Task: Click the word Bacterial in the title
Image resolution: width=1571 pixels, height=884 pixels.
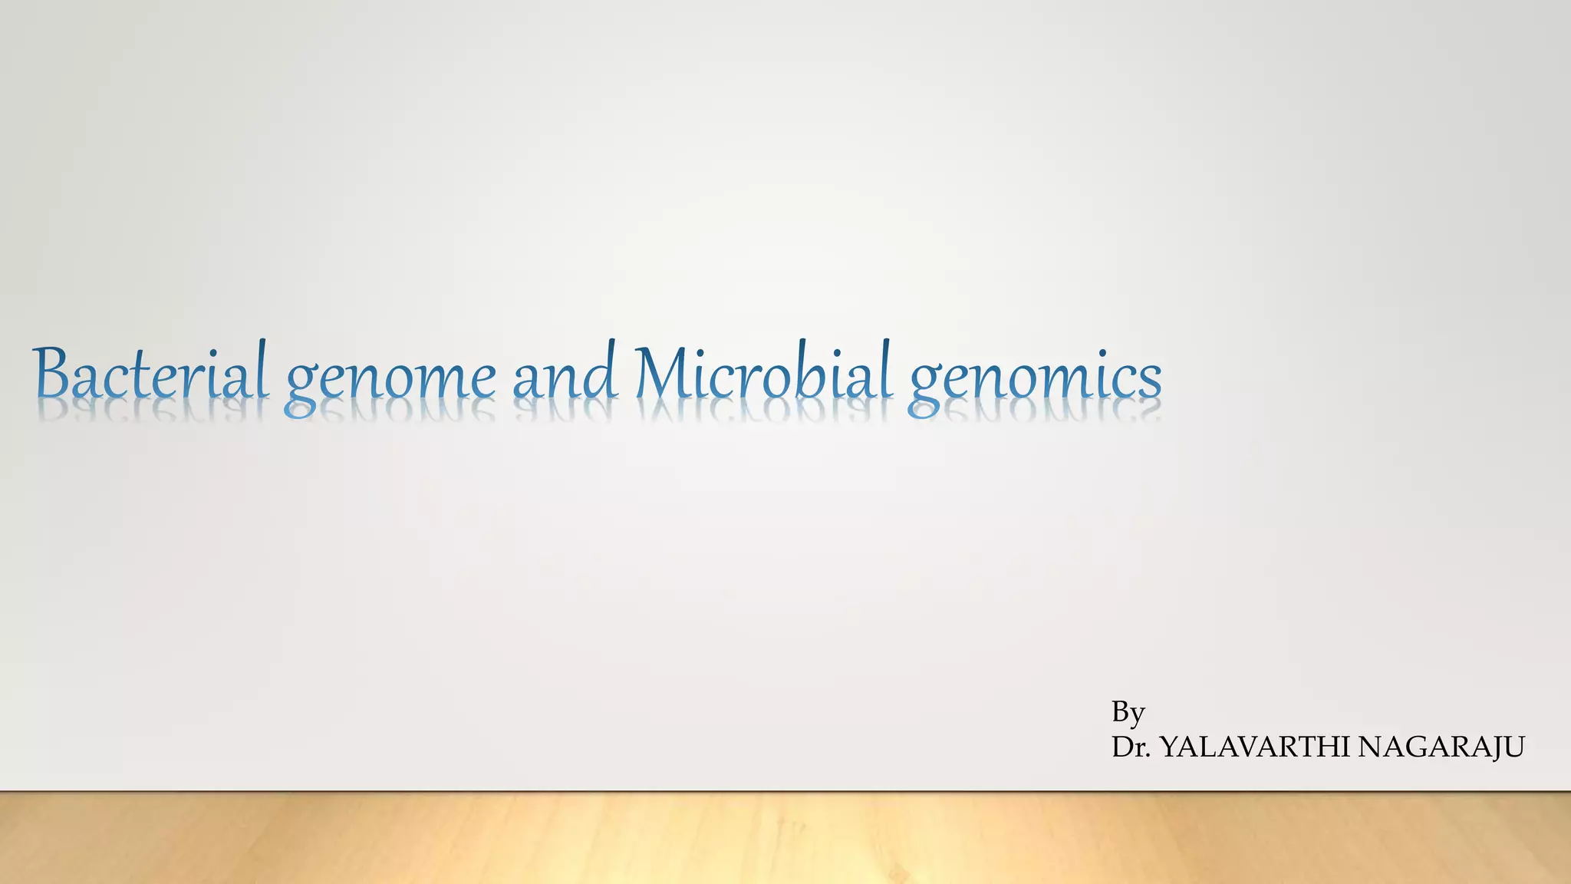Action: [150, 374]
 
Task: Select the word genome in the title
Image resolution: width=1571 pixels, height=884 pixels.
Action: [390, 378]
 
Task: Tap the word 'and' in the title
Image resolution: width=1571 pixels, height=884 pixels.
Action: [565, 374]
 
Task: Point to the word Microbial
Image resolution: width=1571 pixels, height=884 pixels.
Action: [764, 374]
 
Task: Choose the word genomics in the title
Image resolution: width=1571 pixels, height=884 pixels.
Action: [1034, 378]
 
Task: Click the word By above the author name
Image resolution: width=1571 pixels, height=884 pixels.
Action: [1128, 713]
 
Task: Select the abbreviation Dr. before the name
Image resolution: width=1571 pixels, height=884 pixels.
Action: [1131, 747]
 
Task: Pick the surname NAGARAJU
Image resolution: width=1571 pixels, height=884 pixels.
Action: [1441, 747]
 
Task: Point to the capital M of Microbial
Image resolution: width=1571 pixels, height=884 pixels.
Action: [667, 374]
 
